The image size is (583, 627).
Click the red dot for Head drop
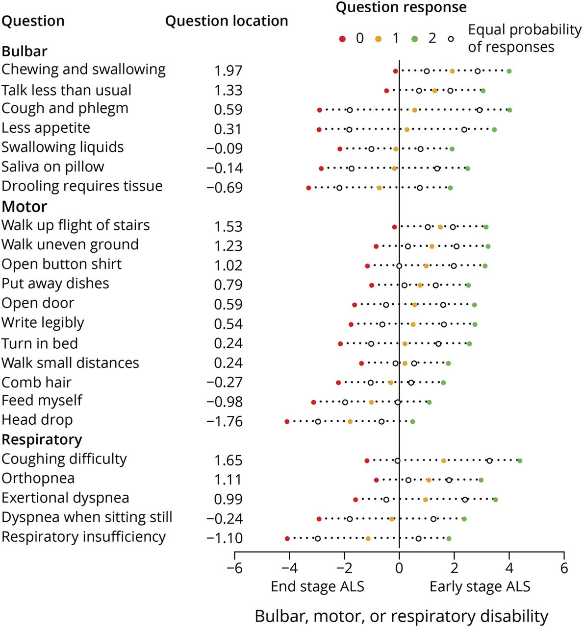[287, 421]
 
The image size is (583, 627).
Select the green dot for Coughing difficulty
[520, 460]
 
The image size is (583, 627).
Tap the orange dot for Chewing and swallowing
[452, 71]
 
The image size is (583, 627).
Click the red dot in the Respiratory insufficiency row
[287, 538]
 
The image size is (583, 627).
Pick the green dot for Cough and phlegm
[509, 110]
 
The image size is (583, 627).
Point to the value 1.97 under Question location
[228, 71]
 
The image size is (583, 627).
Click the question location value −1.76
[225, 421]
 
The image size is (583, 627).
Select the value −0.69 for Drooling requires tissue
[225, 188]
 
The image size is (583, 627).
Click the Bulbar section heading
[25, 51]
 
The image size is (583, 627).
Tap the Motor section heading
[25, 206]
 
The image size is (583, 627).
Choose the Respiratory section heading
[42, 439]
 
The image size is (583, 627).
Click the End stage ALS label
[317, 586]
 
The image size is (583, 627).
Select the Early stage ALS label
[480, 586]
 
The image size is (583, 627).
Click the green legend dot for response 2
[415, 39]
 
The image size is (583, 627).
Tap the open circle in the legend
[451, 39]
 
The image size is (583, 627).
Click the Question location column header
[227, 21]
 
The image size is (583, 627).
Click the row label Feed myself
[42, 400]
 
